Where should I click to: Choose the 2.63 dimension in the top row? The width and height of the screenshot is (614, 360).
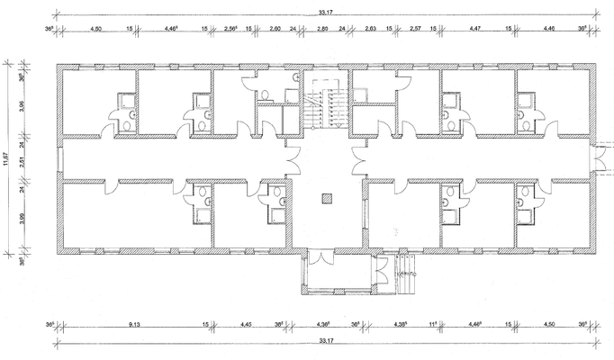pos(371,29)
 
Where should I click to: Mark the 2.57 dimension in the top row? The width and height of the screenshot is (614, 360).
pos(415,29)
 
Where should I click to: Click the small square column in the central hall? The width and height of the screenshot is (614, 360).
pos(325,197)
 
